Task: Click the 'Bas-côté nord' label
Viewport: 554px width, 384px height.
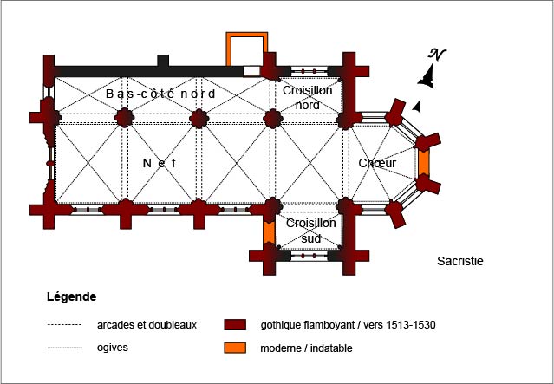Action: [160, 93]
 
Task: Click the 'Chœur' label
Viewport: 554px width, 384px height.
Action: [377, 162]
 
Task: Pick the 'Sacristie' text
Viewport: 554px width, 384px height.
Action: [459, 260]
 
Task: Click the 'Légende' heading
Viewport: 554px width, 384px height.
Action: [71, 296]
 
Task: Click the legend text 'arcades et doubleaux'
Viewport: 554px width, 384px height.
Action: [147, 325]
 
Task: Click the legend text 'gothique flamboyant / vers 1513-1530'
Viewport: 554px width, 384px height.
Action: [347, 325]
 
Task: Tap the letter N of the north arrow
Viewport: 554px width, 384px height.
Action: [438, 55]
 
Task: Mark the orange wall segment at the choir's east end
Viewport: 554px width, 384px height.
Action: [424, 162]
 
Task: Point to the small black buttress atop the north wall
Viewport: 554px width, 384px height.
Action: [162, 60]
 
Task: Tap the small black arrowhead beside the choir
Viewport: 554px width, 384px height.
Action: [418, 106]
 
